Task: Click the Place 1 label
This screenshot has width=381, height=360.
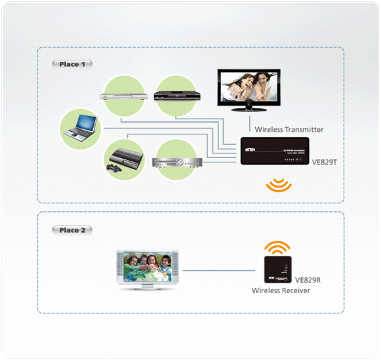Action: (x=72, y=64)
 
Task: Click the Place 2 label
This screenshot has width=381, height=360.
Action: (x=72, y=230)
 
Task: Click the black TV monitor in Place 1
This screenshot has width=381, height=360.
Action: (x=249, y=90)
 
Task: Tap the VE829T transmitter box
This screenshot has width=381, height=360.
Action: (x=275, y=151)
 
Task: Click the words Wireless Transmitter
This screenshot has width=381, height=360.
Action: (x=289, y=129)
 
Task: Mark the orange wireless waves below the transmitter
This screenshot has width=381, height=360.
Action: (x=279, y=186)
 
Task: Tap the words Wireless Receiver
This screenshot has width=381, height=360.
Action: (x=281, y=290)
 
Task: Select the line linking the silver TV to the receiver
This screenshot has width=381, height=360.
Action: (x=220, y=270)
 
